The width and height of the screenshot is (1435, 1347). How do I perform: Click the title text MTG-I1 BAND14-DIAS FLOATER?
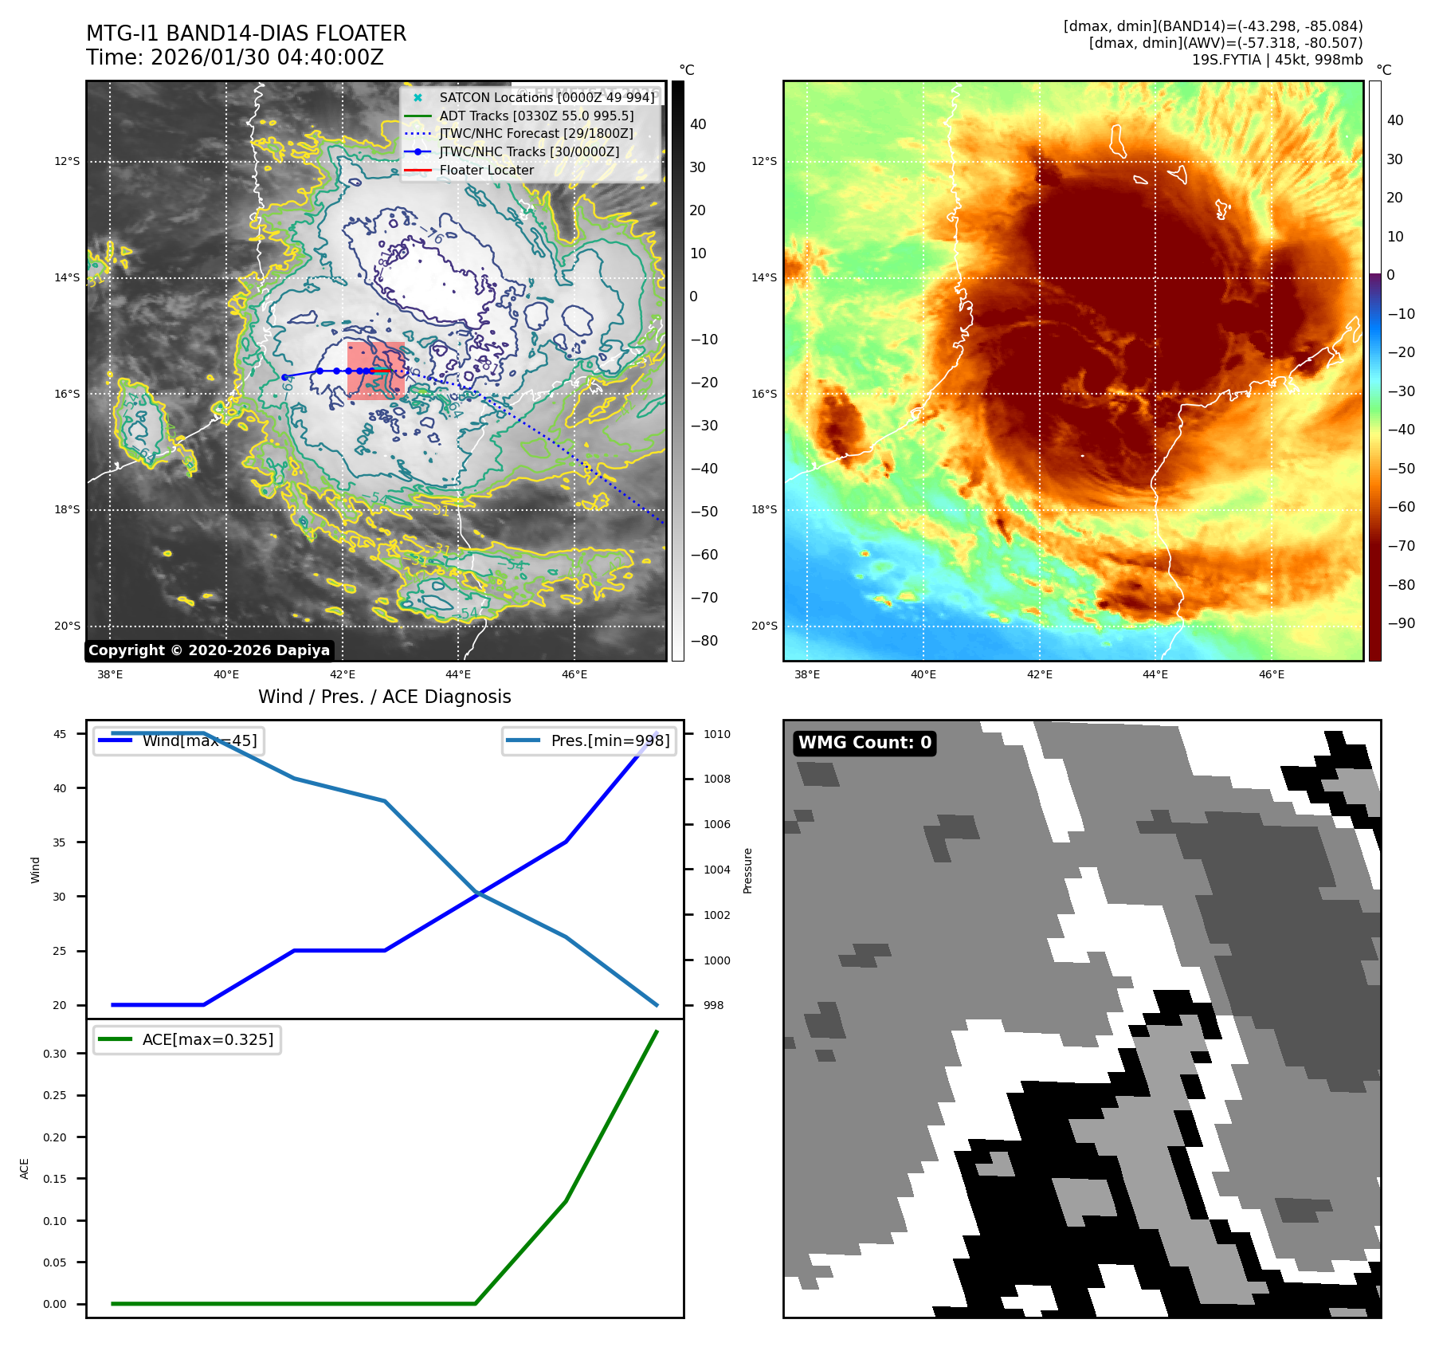(x=246, y=33)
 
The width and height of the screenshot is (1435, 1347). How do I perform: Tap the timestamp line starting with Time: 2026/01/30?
(x=235, y=57)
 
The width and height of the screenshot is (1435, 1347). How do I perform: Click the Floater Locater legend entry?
(x=486, y=170)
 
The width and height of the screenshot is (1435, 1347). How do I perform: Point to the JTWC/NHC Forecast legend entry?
(x=536, y=133)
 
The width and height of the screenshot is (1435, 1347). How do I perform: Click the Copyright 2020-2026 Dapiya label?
(x=209, y=650)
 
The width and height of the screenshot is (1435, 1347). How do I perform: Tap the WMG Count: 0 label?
(x=865, y=743)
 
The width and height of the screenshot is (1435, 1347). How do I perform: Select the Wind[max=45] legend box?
(x=179, y=740)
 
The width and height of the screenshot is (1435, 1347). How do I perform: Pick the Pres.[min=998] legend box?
(x=590, y=740)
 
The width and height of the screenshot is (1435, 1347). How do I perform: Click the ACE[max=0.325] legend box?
(x=187, y=1039)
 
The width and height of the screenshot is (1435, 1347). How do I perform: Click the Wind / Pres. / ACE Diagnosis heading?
(x=385, y=697)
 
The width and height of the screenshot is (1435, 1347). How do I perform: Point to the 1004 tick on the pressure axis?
(x=716, y=870)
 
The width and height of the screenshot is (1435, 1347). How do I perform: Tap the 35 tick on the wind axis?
(x=60, y=842)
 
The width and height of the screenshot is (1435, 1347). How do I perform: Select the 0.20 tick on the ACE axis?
(x=55, y=1137)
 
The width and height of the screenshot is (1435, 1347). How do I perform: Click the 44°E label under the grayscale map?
(x=458, y=674)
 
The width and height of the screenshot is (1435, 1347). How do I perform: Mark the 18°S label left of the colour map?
(x=763, y=509)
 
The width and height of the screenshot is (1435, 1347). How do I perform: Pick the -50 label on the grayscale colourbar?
(x=704, y=512)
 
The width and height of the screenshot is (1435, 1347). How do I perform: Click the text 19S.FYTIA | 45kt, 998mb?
(x=1277, y=60)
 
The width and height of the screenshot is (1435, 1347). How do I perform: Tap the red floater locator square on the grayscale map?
(x=375, y=371)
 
